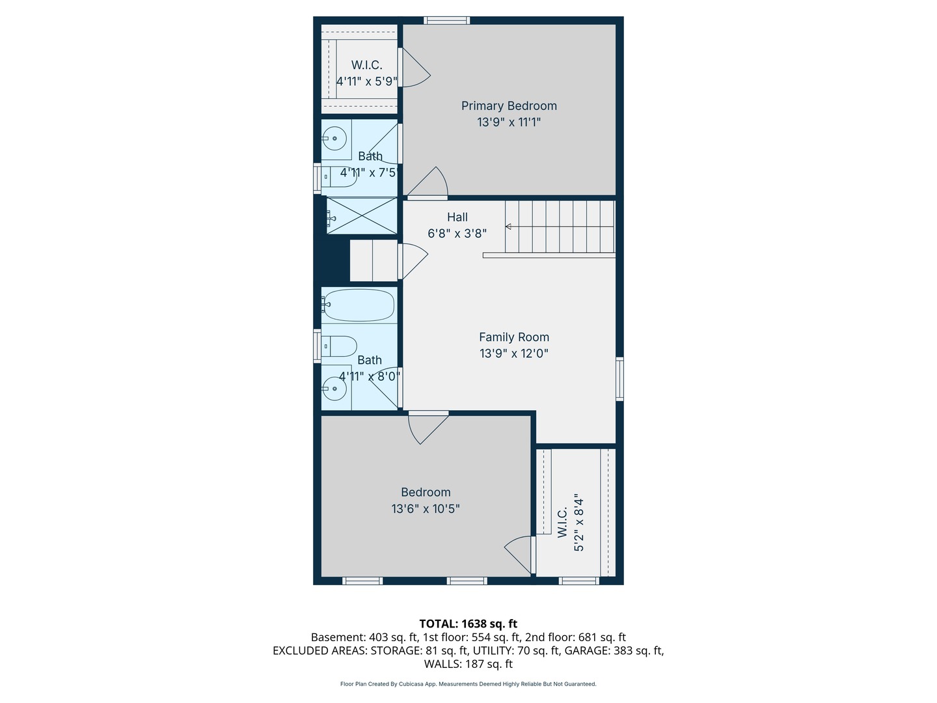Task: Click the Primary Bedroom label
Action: click(509, 106)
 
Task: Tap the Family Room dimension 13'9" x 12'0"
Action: click(514, 353)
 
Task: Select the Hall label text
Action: click(457, 217)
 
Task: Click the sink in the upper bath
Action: click(335, 138)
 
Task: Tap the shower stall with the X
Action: click(361, 215)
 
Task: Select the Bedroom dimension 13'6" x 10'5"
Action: click(426, 509)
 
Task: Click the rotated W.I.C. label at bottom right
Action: click(563, 522)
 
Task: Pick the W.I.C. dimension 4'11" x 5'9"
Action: click(366, 82)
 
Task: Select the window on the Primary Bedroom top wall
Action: click(447, 20)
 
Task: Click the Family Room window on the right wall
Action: click(619, 378)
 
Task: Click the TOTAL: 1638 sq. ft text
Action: click(468, 624)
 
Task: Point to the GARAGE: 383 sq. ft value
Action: click(614, 650)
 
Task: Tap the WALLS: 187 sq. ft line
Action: click(468, 664)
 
